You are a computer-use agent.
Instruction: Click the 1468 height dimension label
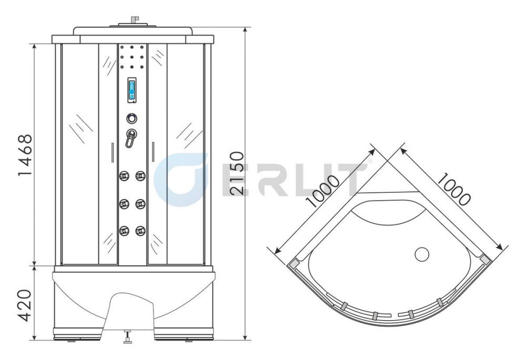click(25, 155)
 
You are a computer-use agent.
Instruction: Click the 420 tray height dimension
click(25, 305)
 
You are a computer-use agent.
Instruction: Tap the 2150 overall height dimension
click(237, 173)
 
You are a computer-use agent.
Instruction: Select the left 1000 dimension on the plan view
click(323, 191)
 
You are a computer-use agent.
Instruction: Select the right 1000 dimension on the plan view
click(453, 189)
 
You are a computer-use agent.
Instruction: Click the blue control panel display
click(132, 89)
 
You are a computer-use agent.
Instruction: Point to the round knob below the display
click(132, 118)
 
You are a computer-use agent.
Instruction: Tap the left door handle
click(113, 152)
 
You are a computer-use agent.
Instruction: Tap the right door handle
click(153, 152)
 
